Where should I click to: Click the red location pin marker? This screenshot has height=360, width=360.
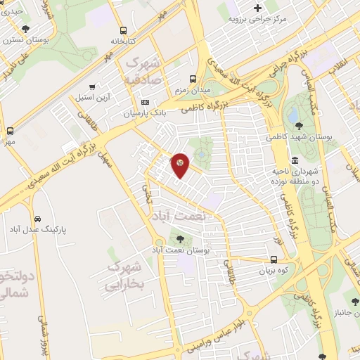click(x=180, y=165)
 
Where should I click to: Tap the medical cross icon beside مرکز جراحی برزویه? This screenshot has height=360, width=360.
click(x=258, y=8)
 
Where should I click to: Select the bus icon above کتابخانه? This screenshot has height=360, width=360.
click(x=124, y=30)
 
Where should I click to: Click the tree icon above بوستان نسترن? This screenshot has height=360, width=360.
click(x=26, y=29)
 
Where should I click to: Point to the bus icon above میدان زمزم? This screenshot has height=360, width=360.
click(x=193, y=79)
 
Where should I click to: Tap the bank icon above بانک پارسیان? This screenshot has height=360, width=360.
click(x=145, y=102)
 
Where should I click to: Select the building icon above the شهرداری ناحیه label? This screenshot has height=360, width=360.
click(x=293, y=160)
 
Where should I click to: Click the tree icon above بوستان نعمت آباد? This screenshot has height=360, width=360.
click(x=181, y=239)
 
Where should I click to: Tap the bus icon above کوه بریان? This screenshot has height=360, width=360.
click(x=274, y=259)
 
